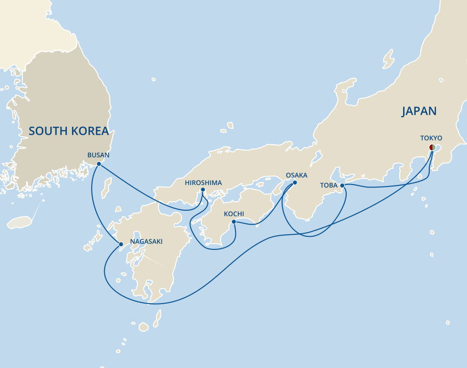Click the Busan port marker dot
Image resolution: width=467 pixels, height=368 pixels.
99,164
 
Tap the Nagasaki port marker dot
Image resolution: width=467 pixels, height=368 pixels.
120,245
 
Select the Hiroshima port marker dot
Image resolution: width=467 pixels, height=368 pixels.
203,190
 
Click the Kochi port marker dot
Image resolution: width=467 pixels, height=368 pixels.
233,222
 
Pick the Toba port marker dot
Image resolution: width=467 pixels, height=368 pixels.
342,186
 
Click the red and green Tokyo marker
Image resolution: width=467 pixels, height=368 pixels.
432,147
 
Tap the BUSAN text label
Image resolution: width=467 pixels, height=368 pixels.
98,155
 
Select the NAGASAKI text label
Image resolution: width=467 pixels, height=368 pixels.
146,242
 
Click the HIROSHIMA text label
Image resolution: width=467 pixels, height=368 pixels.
203,182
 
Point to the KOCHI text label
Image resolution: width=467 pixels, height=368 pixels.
233,214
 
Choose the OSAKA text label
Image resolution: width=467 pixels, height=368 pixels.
296,175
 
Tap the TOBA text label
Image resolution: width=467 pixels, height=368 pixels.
329,185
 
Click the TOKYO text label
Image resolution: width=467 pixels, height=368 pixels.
431,138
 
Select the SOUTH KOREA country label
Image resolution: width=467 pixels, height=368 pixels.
68,131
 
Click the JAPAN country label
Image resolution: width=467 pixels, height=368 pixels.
419,111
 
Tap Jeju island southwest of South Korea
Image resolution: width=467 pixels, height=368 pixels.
20,222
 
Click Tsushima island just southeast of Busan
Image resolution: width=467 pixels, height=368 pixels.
106,187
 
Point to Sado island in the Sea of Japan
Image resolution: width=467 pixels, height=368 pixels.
388,59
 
